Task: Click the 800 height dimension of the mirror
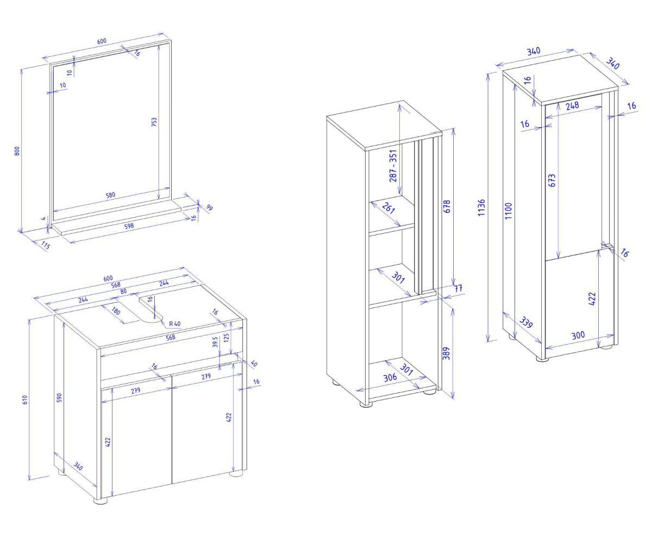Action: [17, 151]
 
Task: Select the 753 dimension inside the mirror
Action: [154, 122]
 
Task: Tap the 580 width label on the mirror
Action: [110, 195]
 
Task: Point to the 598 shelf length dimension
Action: [129, 226]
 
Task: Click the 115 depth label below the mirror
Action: [46, 246]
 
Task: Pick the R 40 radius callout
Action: [175, 324]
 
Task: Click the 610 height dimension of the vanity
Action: [25, 399]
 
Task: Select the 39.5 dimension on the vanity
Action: [215, 342]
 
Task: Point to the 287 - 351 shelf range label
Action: [393, 166]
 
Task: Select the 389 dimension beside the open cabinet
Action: [447, 353]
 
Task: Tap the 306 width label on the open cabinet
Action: [390, 377]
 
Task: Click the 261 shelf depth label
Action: [388, 208]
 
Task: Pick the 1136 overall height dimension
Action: [481, 207]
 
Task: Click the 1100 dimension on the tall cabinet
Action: [509, 211]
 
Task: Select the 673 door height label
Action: [552, 180]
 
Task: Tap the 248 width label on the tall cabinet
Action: [572, 105]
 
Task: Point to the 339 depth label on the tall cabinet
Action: [526, 322]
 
